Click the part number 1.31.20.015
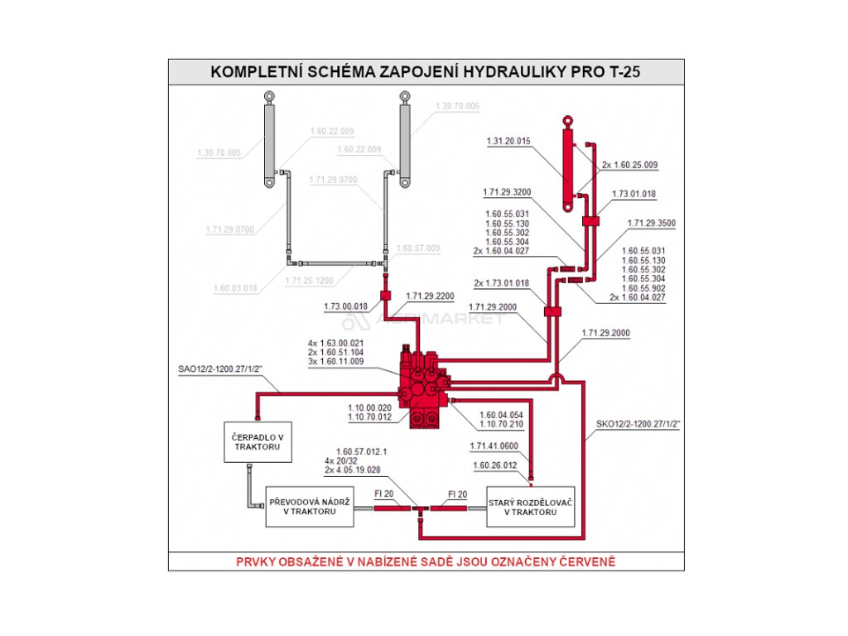coord(508,141)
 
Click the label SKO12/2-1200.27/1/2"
coord(638,424)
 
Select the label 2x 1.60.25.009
coord(629,165)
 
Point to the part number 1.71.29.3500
coord(652,224)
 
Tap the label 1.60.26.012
coord(494,465)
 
